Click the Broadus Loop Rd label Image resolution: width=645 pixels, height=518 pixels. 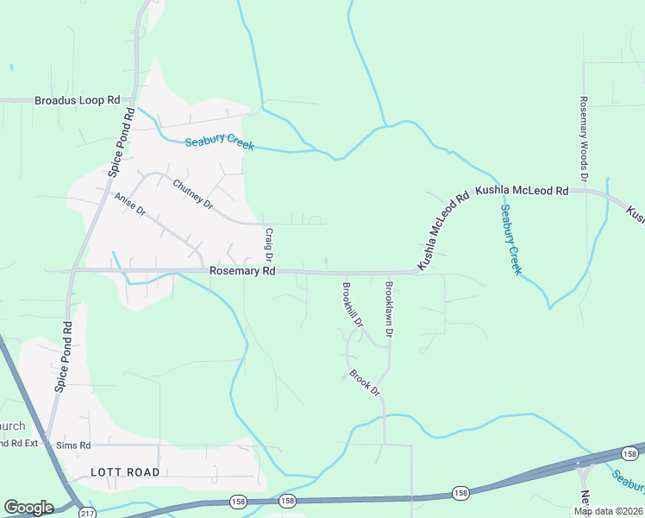(x=77, y=100)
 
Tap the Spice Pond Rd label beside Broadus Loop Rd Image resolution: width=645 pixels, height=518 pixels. (x=121, y=142)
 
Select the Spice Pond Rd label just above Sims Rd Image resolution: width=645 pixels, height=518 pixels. (x=63, y=357)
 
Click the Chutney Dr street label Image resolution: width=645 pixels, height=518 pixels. (x=192, y=193)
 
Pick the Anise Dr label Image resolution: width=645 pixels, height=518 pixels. (x=131, y=210)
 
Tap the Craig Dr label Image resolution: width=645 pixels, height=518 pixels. (x=269, y=244)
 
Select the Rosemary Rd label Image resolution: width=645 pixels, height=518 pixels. (x=242, y=271)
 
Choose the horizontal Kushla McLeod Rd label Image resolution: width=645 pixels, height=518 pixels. (x=522, y=190)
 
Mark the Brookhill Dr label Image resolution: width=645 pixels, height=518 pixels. (x=353, y=303)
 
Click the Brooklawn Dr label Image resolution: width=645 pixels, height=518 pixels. (x=390, y=309)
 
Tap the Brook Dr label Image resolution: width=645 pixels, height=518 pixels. (x=365, y=382)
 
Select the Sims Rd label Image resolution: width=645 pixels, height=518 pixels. (x=72, y=445)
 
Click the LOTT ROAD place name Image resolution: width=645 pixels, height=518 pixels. (x=125, y=472)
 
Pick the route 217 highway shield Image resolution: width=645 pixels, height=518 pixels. (x=85, y=514)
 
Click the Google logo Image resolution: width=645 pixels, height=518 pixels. (x=28, y=508)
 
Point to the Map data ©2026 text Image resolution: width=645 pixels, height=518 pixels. (x=608, y=511)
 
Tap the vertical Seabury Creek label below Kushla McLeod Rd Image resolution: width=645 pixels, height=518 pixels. (x=510, y=239)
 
